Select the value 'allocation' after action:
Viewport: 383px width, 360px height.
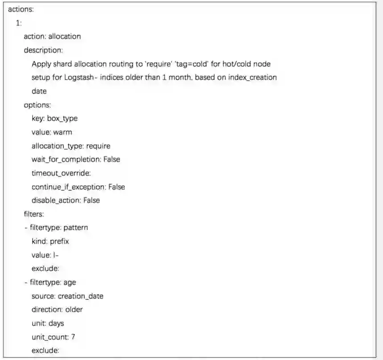point(65,37)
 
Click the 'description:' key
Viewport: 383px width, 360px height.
point(43,50)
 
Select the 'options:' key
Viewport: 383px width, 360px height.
point(37,105)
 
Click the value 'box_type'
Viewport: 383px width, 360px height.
point(62,119)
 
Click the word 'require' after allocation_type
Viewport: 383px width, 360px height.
point(98,146)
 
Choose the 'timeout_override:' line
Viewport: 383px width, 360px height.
point(61,173)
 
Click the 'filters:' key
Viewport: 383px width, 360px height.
point(34,214)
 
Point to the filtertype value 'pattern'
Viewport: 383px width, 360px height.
point(76,228)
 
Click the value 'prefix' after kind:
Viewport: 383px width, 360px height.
point(59,241)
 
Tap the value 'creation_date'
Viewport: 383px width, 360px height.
point(81,296)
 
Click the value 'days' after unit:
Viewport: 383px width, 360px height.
point(56,323)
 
